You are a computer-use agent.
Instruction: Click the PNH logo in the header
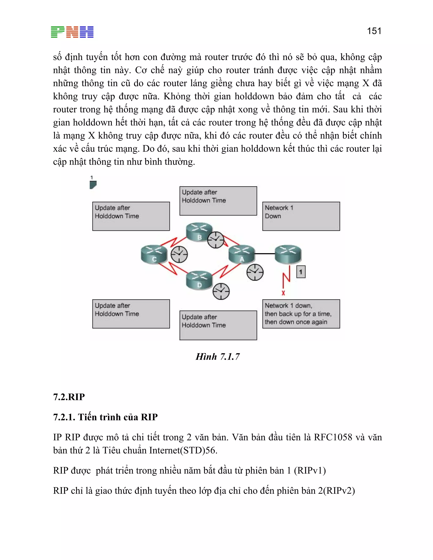point(72,32)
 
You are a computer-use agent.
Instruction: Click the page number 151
point(374,31)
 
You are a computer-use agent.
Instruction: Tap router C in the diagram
point(154,254)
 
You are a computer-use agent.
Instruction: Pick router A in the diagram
point(242,254)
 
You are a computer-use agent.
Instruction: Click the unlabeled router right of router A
point(288,254)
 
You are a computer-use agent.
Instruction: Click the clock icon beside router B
point(215,240)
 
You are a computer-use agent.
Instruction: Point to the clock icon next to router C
point(179,254)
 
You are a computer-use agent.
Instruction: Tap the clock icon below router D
point(221,291)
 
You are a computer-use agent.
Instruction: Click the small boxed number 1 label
point(301,272)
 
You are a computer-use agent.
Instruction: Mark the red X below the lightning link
point(283,293)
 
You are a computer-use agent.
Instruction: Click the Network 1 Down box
point(301,216)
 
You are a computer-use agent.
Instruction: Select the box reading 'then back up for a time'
point(301,314)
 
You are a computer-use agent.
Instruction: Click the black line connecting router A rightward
point(265,254)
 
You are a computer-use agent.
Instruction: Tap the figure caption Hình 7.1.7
point(218,357)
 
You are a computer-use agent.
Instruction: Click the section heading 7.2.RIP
point(69,397)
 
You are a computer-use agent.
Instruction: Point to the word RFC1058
point(333,437)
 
